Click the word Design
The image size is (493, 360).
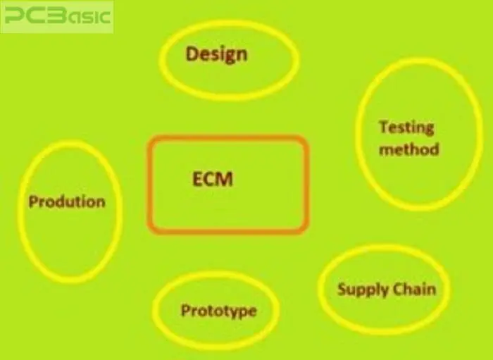[x=217, y=55]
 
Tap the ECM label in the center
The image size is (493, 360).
[x=213, y=179]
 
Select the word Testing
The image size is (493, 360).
[x=406, y=128]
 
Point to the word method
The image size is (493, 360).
[x=409, y=149]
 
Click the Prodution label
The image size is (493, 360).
[x=67, y=201]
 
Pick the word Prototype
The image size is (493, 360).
[x=219, y=311]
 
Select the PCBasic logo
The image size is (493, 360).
[x=58, y=16]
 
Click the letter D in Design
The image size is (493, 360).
[x=192, y=54]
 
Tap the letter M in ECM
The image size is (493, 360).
[x=225, y=179]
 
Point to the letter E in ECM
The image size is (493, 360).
[x=197, y=179]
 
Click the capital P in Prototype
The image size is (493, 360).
[x=185, y=310]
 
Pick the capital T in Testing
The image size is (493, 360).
[x=384, y=127]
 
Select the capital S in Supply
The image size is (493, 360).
[x=342, y=289]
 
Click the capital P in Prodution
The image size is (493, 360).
[x=33, y=201]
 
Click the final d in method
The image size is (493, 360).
[x=435, y=149]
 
